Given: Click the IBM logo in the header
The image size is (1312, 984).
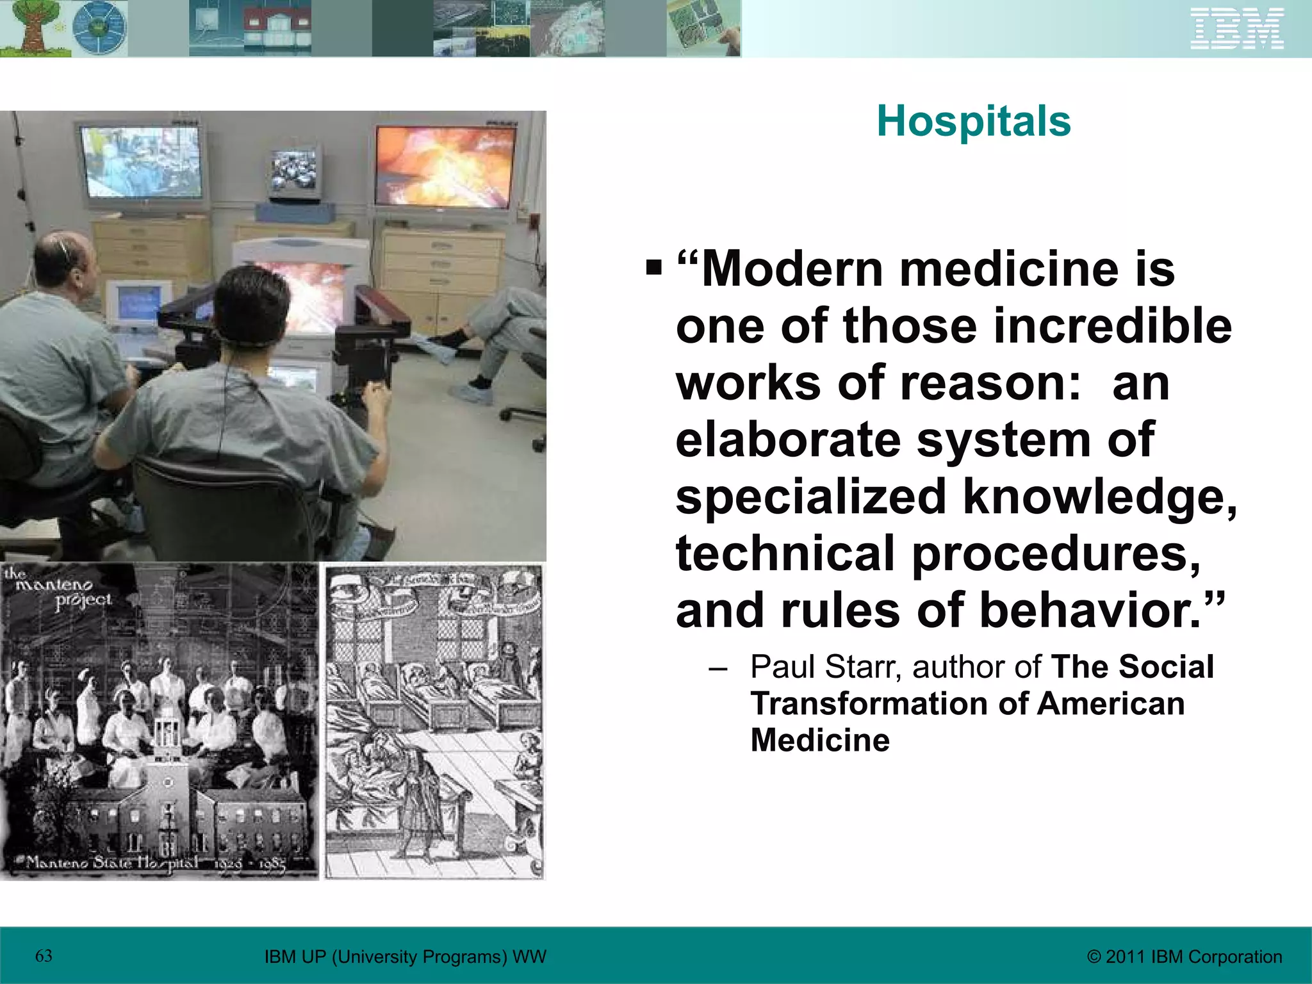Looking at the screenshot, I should [x=1237, y=28].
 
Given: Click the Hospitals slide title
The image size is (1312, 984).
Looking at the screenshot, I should [x=973, y=121].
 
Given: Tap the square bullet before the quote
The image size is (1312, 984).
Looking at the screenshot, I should [x=653, y=266].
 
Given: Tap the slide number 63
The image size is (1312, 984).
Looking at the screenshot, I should [x=44, y=956].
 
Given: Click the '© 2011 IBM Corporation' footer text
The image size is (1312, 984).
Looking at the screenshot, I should [x=1185, y=956].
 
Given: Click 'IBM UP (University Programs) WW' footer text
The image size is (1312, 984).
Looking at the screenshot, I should [x=405, y=956].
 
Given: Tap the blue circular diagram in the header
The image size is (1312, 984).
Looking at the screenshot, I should [x=99, y=28].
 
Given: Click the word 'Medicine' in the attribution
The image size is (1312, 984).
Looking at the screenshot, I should [x=820, y=740].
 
